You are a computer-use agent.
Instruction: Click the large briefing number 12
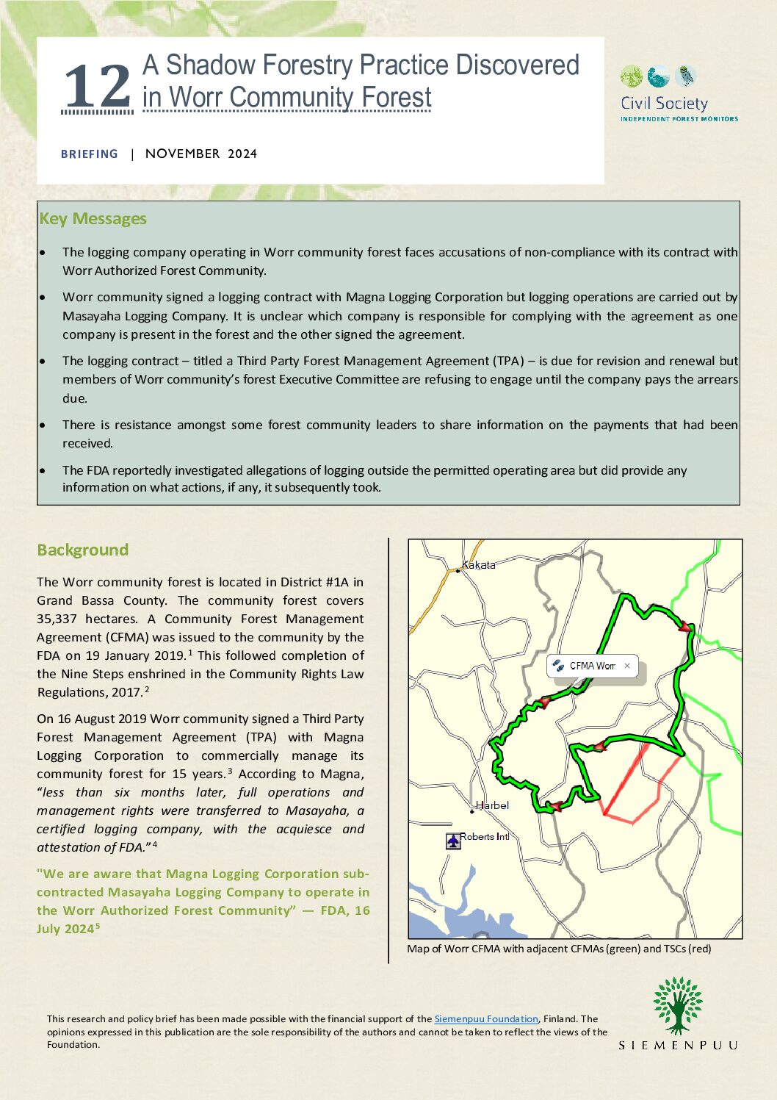click(98, 87)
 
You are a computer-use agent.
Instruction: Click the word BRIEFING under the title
click(90, 154)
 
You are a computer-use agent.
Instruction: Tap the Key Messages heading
click(93, 219)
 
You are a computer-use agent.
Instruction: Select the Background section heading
click(82, 550)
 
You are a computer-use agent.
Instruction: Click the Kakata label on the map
click(479, 565)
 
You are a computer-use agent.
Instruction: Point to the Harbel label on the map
click(493, 805)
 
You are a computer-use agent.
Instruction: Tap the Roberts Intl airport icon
click(453, 841)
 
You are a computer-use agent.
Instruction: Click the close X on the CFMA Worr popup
click(627, 666)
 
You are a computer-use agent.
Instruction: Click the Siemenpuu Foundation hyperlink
click(485, 1019)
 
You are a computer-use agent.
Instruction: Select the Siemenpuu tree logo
click(678, 1005)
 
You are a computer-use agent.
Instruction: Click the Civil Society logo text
click(664, 104)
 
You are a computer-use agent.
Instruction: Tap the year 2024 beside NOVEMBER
click(242, 154)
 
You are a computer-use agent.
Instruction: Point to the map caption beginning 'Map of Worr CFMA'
click(559, 949)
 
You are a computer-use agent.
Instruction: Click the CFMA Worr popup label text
click(592, 666)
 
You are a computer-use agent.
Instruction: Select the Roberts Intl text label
click(484, 837)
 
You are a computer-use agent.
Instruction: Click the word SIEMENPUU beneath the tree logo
click(678, 1045)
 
